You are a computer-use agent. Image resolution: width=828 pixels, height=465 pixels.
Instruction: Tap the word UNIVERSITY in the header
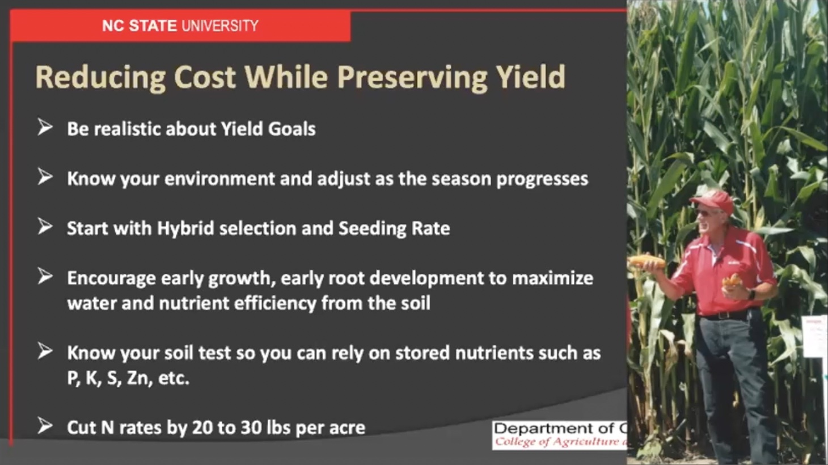[220, 26]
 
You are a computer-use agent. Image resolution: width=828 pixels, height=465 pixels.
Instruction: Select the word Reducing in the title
[100, 78]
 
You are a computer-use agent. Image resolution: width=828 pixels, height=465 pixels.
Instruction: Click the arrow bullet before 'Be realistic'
[45, 128]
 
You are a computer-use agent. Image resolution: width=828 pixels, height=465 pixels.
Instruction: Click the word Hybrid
[185, 229]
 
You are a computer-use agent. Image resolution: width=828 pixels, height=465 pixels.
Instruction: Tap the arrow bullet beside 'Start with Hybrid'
[45, 227]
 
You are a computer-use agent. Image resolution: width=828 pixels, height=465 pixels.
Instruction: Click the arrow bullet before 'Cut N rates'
[45, 426]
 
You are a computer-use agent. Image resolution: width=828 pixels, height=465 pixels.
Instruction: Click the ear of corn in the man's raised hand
[647, 261]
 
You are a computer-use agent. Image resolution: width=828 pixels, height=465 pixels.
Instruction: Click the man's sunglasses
[706, 213]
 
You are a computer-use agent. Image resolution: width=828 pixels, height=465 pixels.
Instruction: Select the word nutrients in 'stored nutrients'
[493, 353]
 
